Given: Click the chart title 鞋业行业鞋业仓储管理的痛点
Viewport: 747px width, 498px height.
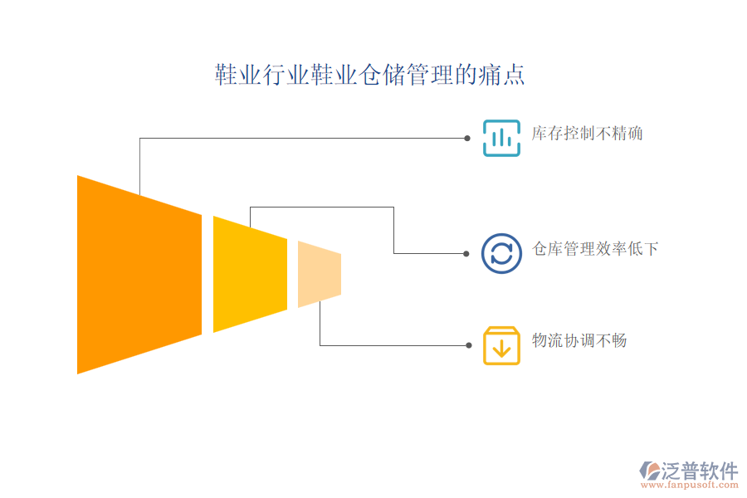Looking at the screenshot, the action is coord(369,75).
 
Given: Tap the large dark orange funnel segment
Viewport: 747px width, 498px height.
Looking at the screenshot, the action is coord(139,275).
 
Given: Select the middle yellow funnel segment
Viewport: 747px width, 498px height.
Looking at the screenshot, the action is coord(250,275).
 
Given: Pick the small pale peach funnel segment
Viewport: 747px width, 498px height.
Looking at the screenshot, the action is coord(320,274).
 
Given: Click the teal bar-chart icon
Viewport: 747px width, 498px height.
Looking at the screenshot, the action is coord(501,139).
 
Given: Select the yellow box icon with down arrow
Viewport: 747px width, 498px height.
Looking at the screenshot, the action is coord(501,345).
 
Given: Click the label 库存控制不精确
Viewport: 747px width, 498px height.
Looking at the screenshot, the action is coord(587,134).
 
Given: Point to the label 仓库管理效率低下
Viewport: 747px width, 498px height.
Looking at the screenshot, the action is coord(595,249).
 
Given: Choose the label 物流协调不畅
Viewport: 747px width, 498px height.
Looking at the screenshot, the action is coord(579,341).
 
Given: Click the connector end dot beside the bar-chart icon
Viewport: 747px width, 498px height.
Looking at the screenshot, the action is coord(467,139).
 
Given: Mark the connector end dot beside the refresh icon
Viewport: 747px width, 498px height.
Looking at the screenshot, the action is coord(466,253).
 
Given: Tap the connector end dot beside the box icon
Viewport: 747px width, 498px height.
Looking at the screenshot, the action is coord(469,345).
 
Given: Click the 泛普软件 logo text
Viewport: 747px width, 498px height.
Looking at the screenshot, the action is coord(700,471).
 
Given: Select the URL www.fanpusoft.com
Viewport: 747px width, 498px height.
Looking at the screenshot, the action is coord(689,485).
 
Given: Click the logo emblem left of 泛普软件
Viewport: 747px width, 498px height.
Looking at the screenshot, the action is coord(650,471).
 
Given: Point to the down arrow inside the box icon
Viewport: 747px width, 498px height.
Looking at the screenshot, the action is coord(501,349).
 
